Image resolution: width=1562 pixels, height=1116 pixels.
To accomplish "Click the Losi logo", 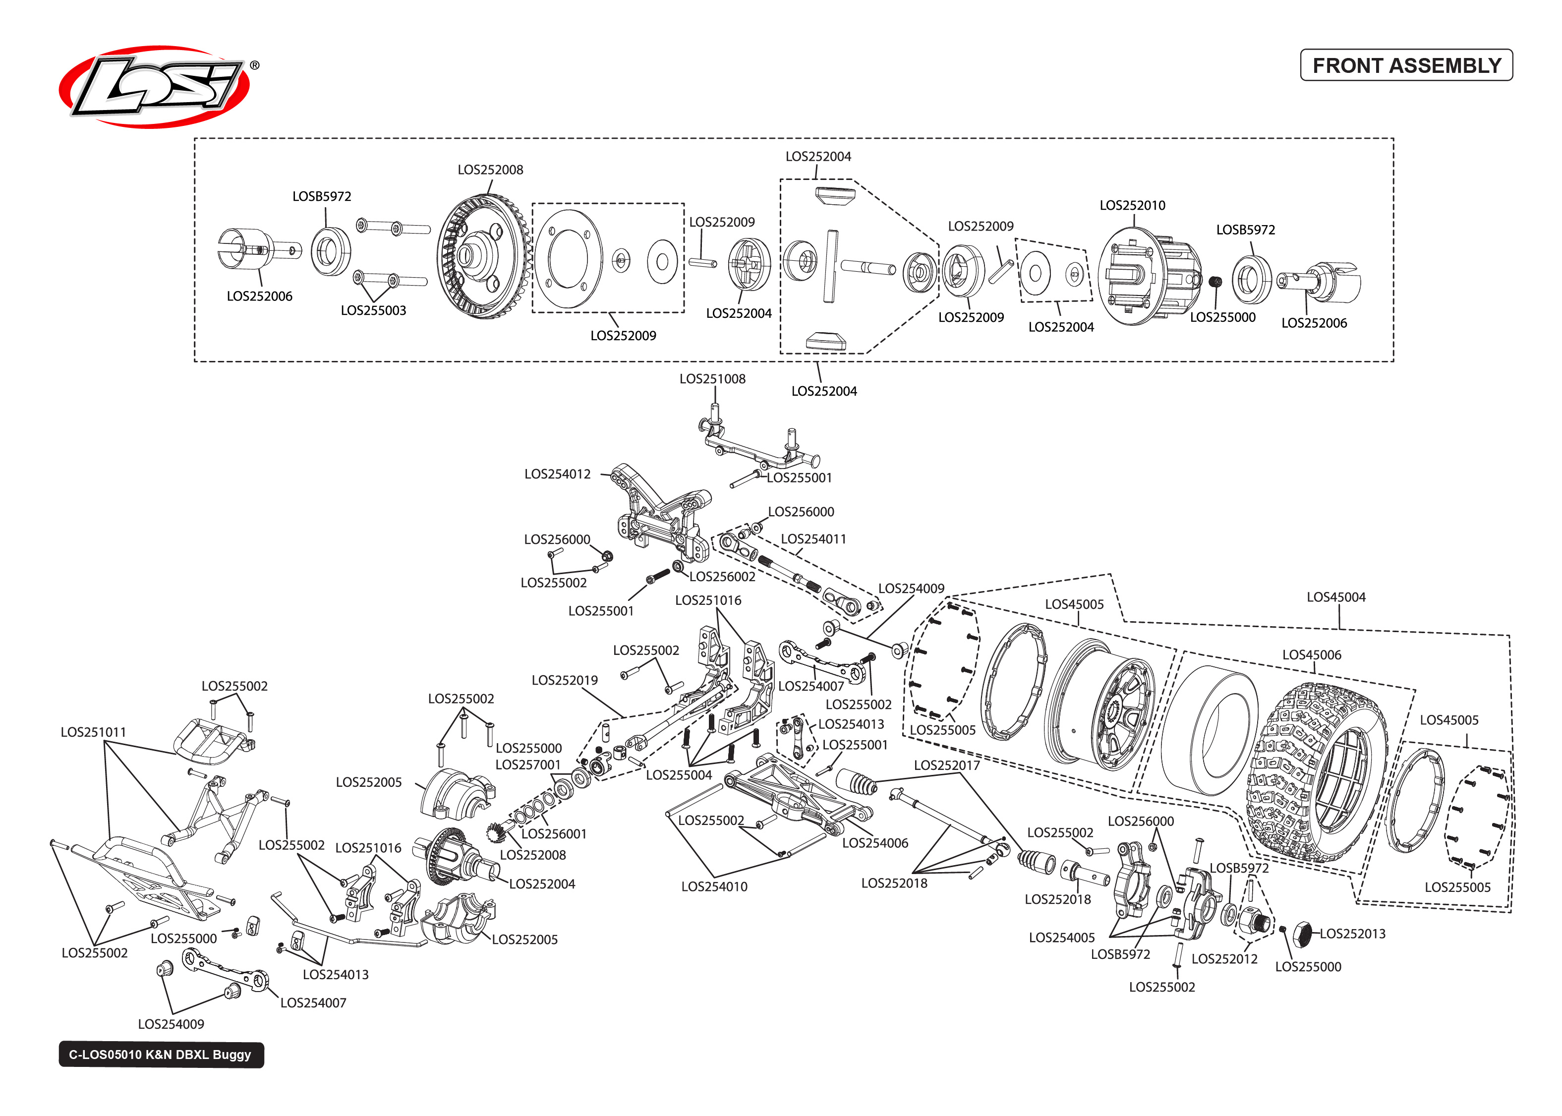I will coord(155,87).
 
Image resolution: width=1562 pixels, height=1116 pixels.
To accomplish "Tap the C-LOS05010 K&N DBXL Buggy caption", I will coord(160,1054).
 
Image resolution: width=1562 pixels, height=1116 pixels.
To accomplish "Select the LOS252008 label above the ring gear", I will coord(490,170).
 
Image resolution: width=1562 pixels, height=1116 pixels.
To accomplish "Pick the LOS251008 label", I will coord(712,379).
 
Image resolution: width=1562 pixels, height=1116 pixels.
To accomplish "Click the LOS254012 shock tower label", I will coord(557,474).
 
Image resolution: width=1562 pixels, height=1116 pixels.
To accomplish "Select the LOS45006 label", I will coord(1311,655).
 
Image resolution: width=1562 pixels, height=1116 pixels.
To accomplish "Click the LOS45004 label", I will coord(1335,597).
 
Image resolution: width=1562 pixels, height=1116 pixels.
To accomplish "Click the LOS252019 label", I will coord(564,680).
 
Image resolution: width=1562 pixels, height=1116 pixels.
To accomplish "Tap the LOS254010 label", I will coord(714,886).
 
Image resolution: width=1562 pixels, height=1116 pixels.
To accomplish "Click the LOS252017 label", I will coord(946,765).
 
